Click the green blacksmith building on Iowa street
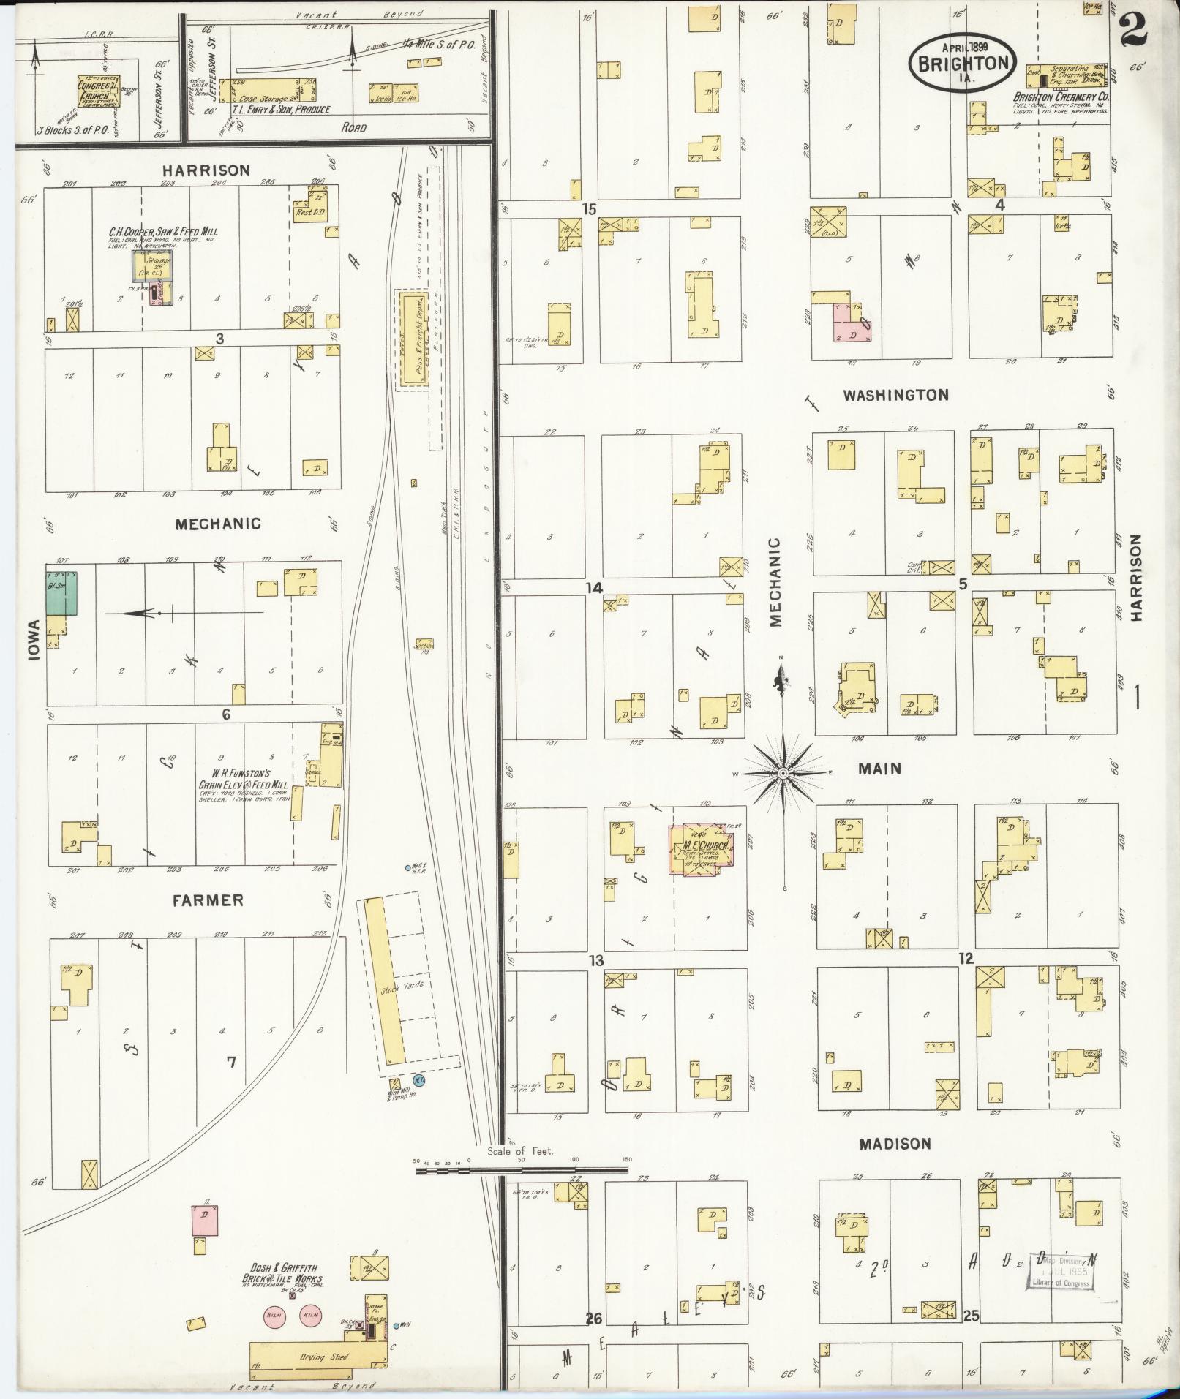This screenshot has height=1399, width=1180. [62, 593]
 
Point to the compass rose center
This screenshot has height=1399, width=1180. [783, 773]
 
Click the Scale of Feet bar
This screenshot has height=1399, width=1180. [522, 1170]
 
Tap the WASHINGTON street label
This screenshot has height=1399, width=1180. [895, 395]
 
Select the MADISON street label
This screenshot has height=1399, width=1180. [895, 1144]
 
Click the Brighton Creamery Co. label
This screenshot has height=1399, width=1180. [1061, 97]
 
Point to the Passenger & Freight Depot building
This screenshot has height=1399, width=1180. [413, 340]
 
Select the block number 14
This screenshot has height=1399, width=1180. [594, 587]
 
